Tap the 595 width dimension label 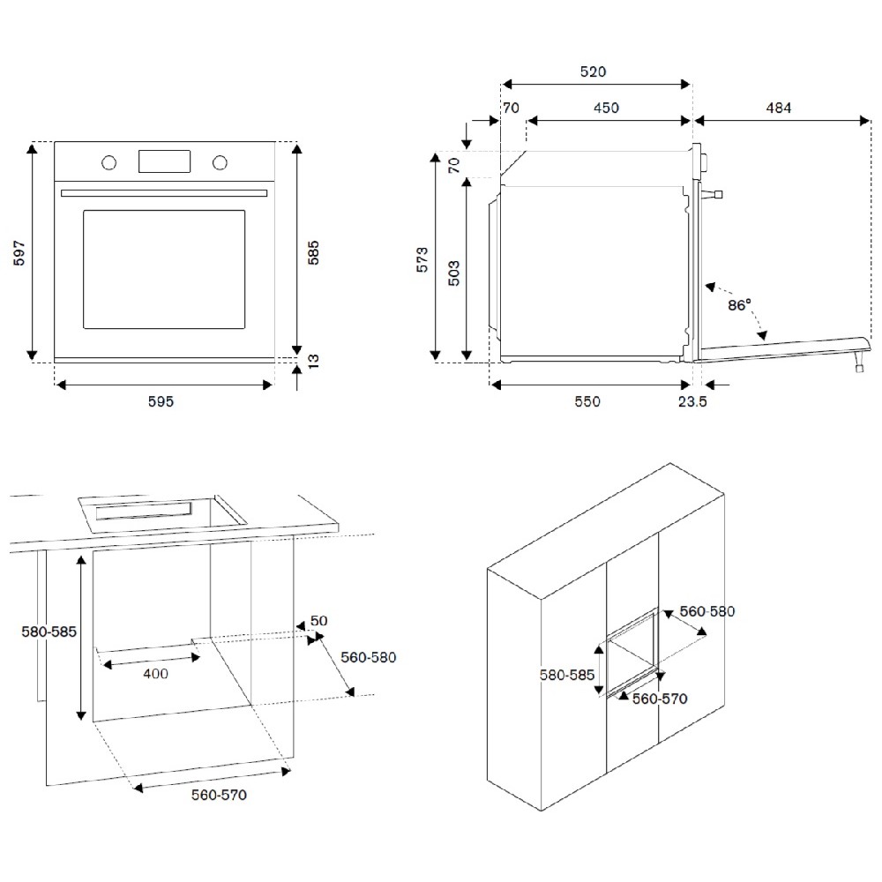pyautogui.click(x=161, y=401)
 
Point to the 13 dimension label pyautogui.click(x=312, y=363)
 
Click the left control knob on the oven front pyautogui.click(x=109, y=162)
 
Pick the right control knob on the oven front pyautogui.click(x=219, y=162)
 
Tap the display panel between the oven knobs pyautogui.click(x=164, y=161)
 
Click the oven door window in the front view pyautogui.click(x=164, y=269)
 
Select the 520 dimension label pyautogui.click(x=593, y=71)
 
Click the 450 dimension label pyautogui.click(x=605, y=108)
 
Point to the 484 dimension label pyautogui.click(x=779, y=108)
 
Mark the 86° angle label pyautogui.click(x=739, y=305)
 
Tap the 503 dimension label pyautogui.click(x=453, y=270)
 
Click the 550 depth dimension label pyautogui.click(x=587, y=401)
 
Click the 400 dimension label pyautogui.click(x=155, y=674)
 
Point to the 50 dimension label pyautogui.click(x=318, y=621)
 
